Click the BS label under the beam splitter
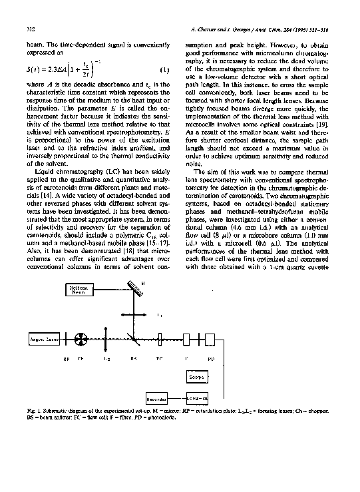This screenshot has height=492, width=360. coord(133,358)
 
